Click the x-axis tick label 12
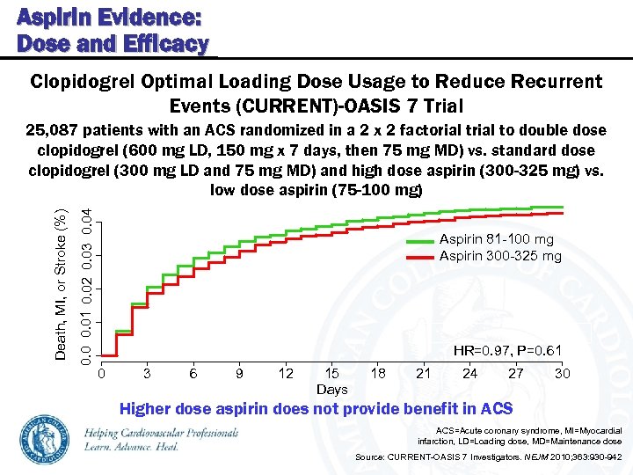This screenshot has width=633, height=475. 286,374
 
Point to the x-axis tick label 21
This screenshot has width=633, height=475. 424,374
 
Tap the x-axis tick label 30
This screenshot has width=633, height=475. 563,374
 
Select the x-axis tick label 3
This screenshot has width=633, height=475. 148,374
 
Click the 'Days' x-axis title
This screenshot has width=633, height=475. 331,389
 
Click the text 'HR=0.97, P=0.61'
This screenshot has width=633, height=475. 507,351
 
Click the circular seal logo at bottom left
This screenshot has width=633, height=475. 47,439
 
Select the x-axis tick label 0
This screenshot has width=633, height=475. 102,374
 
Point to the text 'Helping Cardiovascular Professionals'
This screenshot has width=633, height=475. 161,433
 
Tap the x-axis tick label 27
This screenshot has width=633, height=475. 516,374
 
